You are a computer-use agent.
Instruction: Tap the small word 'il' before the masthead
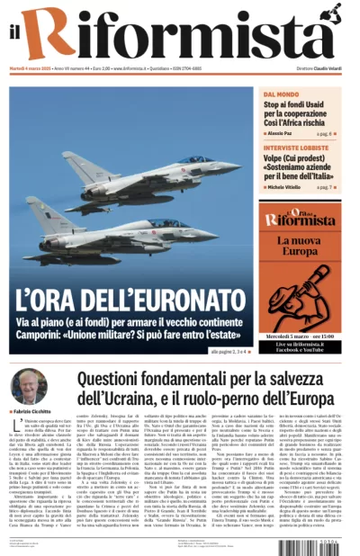(x=15, y=34)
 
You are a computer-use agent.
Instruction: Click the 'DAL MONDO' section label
(x=282, y=94)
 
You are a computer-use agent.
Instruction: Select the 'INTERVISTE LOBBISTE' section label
(x=296, y=148)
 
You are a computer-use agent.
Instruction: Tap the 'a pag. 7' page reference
(x=324, y=187)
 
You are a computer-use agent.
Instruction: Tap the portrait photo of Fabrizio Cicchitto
(x=30, y=384)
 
